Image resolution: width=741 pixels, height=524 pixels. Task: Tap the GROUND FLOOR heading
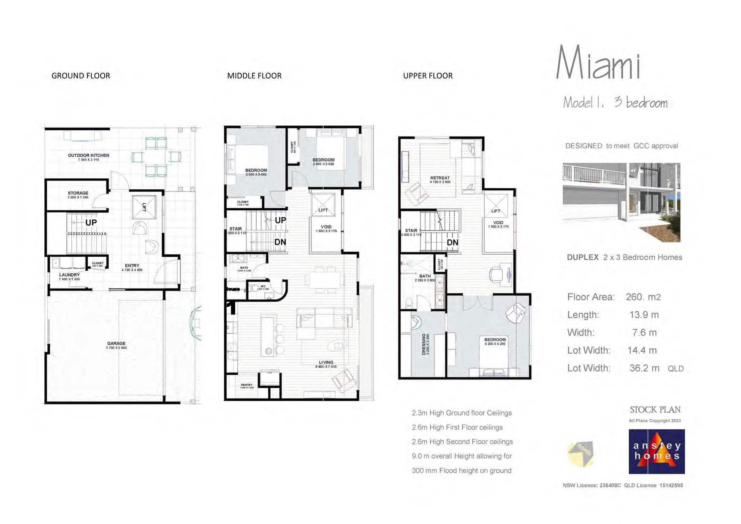point(81,76)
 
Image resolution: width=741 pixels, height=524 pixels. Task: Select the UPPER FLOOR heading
point(428,76)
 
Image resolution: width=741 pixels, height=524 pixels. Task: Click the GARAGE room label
point(116,344)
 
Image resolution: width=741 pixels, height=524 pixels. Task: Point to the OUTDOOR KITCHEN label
point(88,156)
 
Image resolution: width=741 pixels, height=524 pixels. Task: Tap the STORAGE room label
point(78,193)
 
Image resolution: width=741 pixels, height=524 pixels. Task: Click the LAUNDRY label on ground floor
point(69,275)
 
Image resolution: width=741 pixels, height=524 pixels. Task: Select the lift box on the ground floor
point(144,207)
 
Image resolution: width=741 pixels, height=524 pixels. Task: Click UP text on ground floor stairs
point(91,223)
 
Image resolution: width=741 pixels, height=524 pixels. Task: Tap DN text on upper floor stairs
point(452,243)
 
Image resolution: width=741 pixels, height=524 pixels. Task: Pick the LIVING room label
point(326,363)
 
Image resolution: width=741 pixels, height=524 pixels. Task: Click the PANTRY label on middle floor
point(247,385)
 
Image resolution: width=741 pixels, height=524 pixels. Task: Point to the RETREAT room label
point(440,178)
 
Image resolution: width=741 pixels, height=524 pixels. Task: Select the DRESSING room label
point(424,344)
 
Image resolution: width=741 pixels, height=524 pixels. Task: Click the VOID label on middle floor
point(326,227)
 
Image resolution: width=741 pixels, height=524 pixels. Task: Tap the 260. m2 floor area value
point(643,297)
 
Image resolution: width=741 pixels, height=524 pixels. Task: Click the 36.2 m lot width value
point(644,368)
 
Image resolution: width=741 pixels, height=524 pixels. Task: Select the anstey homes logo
point(657,452)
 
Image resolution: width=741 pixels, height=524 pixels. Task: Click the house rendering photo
point(621,202)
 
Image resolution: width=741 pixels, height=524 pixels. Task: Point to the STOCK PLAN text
point(655,410)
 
